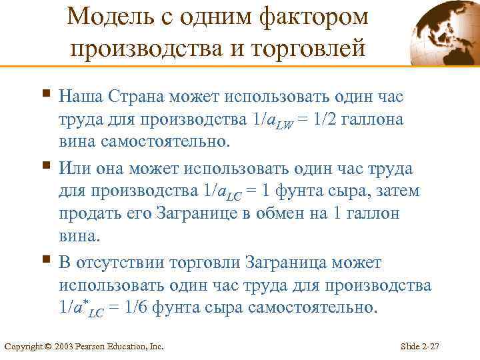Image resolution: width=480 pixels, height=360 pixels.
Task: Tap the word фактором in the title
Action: (x=313, y=18)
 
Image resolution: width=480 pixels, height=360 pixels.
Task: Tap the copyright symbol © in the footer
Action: (x=48, y=347)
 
